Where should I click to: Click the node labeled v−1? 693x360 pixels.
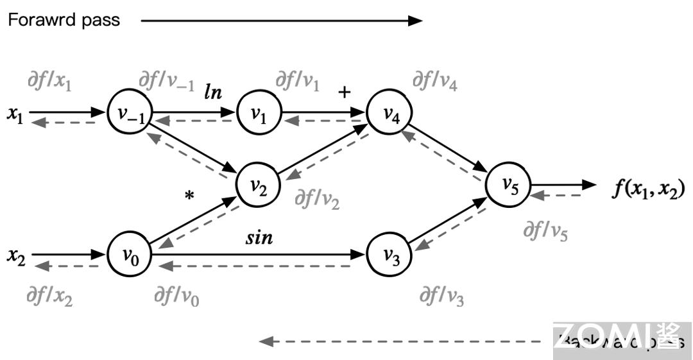tap(130, 113)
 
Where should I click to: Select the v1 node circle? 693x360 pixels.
tap(259, 114)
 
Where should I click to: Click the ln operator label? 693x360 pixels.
tap(214, 91)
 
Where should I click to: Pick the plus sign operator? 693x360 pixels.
tap(345, 92)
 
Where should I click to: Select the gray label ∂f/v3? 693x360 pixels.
tap(441, 296)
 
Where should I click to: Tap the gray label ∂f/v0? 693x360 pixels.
tap(176, 296)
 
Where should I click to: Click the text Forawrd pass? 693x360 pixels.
tap(64, 20)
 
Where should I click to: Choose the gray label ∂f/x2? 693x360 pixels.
tap(49, 296)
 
